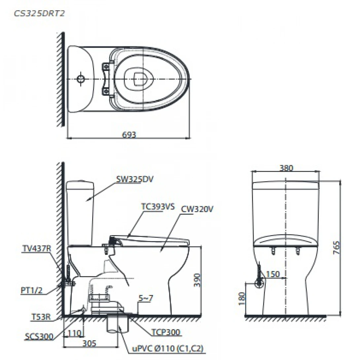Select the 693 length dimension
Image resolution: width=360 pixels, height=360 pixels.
pyautogui.click(x=129, y=134)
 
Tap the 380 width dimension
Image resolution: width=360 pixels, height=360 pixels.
pyautogui.click(x=286, y=168)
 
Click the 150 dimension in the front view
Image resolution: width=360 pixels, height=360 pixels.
pyautogui.click(x=273, y=274)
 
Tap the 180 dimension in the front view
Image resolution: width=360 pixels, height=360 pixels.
pyautogui.click(x=242, y=298)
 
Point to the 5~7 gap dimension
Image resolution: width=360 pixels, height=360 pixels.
pyautogui.click(x=146, y=298)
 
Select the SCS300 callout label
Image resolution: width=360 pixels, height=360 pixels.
pyautogui.click(x=39, y=336)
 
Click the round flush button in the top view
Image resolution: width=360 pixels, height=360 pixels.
pyautogui.click(x=81, y=79)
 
